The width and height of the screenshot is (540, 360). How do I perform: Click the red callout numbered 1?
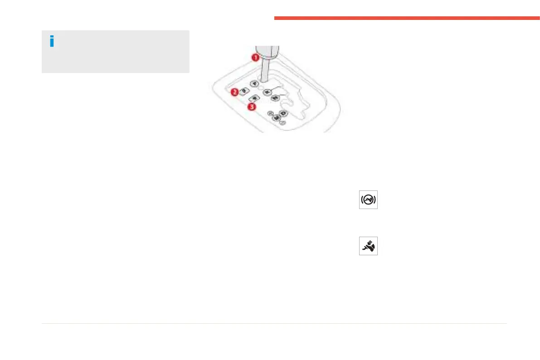pyautogui.click(x=255, y=58)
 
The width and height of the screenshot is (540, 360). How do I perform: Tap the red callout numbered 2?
pyautogui.click(x=235, y=92)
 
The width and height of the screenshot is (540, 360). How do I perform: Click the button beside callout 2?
pyautogui.click(x=244, y=91)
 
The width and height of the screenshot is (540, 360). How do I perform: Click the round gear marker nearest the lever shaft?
pyautogui.click(x=254, y=84)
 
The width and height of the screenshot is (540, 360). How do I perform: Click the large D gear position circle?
pyautogui.click(x=283, y=113)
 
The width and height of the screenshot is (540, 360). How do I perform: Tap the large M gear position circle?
pyautogui.click(x=276, y=118)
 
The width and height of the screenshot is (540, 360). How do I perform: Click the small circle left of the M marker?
pyautogui.click(x=270, y=113)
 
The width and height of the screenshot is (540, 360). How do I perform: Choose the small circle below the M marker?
pyautogui.click(x=282, y=122)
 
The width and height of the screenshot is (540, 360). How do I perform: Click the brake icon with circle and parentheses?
pyautogui.click(x=368, y=200)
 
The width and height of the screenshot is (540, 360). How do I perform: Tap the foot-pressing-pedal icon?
pyautogui.click(x=368, y=246)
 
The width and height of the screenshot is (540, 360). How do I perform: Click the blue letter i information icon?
pyautogui.click(x=52, y=41)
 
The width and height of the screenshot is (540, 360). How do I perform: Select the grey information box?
pyautogui.click(x=115, y=52)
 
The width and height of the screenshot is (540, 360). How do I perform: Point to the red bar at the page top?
pyautogui.click(x=407, y=18)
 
